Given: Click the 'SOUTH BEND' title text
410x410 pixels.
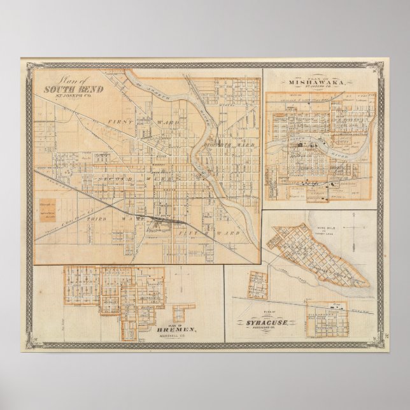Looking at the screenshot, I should [x=66, y=89].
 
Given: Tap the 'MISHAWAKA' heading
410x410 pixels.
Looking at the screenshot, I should [x=317, y=82].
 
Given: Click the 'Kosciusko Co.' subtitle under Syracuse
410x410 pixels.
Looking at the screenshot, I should [x=269, y=330].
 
